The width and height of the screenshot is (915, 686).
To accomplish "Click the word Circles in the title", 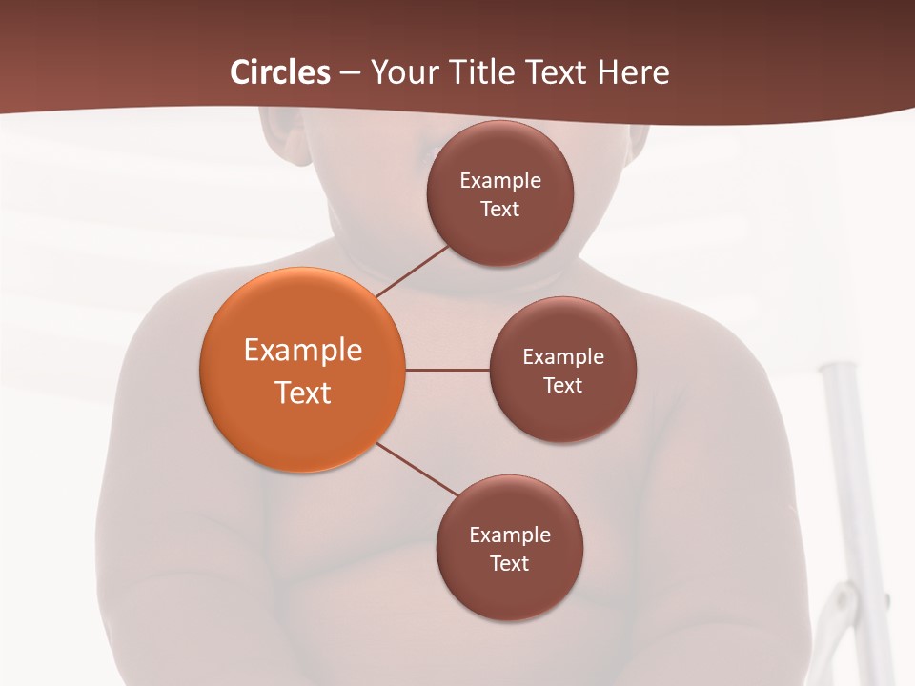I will [x=279, y=72].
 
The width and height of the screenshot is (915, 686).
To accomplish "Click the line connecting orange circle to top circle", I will [x=412, y=271].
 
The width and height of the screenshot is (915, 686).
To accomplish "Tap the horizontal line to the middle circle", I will [x=447, y=370].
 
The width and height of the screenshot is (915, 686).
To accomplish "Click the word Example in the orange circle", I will [x=303, y=351].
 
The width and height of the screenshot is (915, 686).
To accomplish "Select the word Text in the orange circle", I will [x=303, y=393].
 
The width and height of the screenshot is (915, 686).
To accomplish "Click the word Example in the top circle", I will [x=500, y=181].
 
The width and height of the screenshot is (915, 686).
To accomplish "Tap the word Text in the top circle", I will [x=499, y=210].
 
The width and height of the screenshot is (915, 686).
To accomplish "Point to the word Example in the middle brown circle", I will [x=563, y=357].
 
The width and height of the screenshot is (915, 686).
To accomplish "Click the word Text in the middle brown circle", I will [x=562, y=386].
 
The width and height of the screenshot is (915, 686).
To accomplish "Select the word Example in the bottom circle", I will [x=510, y=535].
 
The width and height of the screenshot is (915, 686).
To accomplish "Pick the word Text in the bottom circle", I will [x=509, y=564].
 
